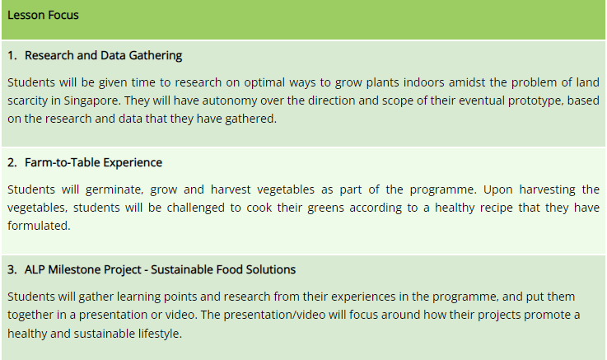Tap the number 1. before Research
coord(12,55)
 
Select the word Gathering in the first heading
coord(155,56)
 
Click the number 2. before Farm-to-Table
coord(12,162)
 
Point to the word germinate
coord(114,189)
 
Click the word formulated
coord(39,226)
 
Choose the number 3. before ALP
coord(12,270)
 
